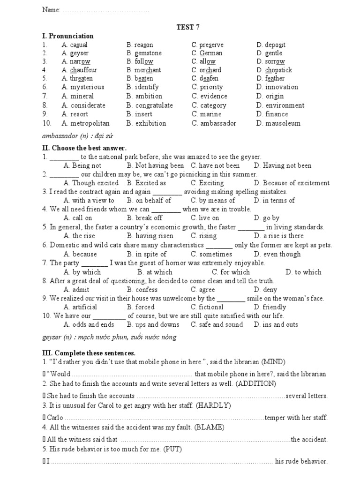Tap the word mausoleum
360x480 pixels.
[x=283, y=124]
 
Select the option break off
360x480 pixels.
[x=149, y=218]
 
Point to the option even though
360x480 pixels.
[x=282, y=254]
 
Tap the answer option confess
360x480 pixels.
[x=146, y=290]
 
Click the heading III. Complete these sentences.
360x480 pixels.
[x=89, y=353]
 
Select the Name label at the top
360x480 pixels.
[x=51, y=10]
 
